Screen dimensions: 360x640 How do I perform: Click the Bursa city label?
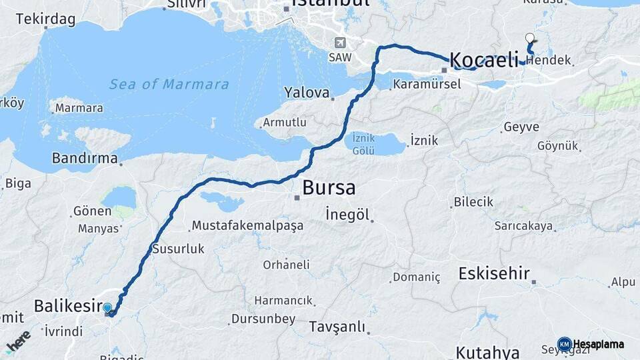coord(329,187)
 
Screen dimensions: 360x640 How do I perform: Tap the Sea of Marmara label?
coord(169,85)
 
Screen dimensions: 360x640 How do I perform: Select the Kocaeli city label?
coord(484,60)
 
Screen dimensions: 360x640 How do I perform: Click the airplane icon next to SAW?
coord(341,43)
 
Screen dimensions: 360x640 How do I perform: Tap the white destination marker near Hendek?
coord(530,39)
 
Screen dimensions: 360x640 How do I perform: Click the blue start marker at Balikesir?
coord(107,308)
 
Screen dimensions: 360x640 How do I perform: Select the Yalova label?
coord(307,93)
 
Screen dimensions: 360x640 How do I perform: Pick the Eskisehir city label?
coord(494,273)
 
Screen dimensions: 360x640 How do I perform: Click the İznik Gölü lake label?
coord(364,143)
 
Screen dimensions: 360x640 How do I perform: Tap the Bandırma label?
coord(85,159)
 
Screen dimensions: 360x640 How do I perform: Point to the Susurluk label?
coord(178,249)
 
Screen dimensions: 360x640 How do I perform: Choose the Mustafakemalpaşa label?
coord(247,225)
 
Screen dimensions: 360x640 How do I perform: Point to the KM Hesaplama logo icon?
coord(564,344)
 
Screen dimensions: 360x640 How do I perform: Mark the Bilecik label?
coord(473,201)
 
